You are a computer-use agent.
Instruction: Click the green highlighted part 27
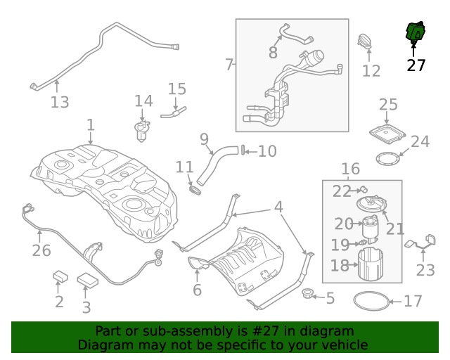416,32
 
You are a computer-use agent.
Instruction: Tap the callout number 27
416,65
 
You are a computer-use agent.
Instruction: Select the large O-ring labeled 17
370,301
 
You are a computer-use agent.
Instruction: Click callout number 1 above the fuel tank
90,125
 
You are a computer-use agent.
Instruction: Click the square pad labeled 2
60,276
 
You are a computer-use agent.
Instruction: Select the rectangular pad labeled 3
88,280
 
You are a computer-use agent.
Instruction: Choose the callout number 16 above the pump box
350,169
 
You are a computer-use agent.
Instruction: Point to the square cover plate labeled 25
388,133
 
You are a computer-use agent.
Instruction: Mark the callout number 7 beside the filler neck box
229,65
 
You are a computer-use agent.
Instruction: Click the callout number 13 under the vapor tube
60,103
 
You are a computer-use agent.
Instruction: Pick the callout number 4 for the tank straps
278,207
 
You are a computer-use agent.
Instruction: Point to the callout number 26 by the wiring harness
41,250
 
